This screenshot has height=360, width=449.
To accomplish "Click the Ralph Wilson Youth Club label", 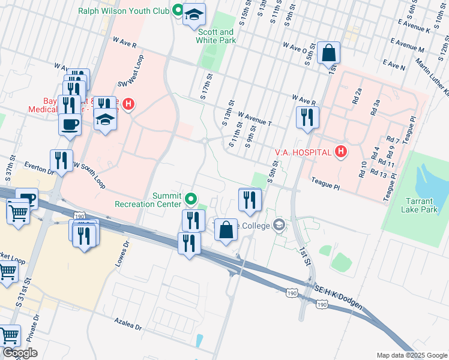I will (x=124, y=10).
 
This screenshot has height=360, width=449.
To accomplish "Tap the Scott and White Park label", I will (x=215, y=36).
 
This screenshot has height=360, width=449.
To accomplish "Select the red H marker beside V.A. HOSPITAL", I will (x=340, y=152).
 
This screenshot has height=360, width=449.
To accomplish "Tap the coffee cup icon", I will (x=70, y=125).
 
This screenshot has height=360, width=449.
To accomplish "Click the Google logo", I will (x=20, y=353).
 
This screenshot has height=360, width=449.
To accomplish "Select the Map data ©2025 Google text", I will (x=412, y=355).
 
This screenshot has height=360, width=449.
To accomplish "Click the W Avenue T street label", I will (x=255, y=119).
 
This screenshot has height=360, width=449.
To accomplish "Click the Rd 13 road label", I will (x=379, y=174).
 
